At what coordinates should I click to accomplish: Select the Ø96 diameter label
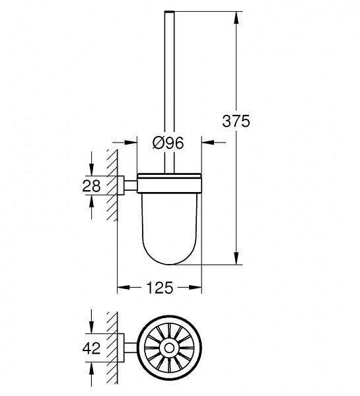(167, 143)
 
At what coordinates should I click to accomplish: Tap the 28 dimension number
(92, 186)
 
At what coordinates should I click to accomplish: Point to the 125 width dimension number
(159, 287)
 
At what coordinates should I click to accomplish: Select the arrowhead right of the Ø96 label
(206, 142)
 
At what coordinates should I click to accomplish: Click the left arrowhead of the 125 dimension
(122, 287)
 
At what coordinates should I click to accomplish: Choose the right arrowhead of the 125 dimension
(197, 287)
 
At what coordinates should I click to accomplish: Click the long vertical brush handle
(168, 86)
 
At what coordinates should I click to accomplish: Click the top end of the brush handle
(168, 13)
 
